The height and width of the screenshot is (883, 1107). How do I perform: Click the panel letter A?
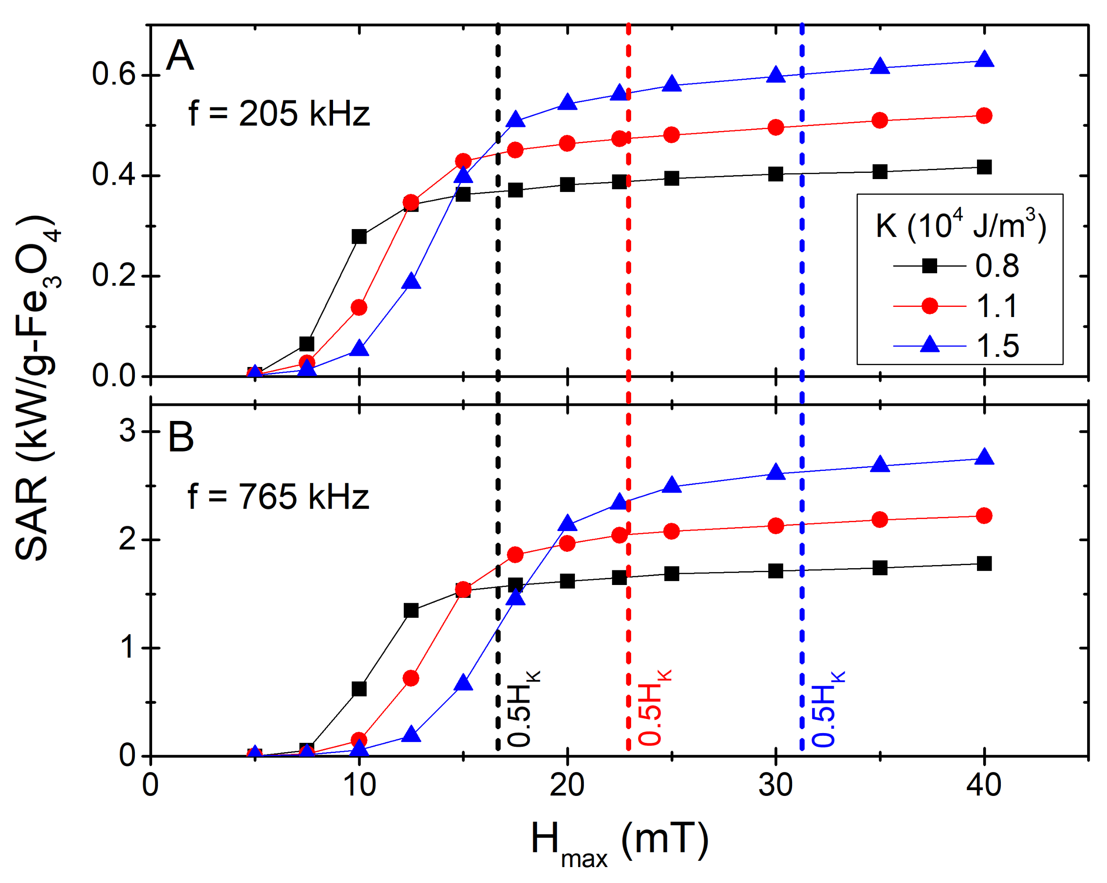coord(180,55)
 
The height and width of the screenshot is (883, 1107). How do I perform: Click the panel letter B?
coord(181,437)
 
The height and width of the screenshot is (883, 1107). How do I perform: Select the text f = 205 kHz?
coord(279,114)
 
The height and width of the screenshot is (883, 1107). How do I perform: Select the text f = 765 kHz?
coord(279,497)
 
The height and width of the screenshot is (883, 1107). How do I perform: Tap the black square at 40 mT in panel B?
coord(984,564)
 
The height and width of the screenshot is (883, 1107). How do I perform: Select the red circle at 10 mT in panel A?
coord(359,307)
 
